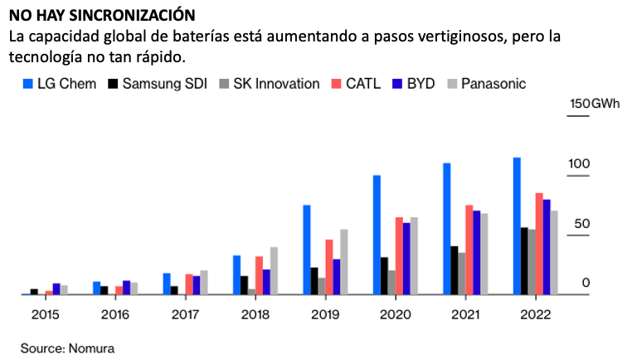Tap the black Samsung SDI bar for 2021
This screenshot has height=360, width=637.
454,270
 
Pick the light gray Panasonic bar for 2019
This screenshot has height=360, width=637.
344,261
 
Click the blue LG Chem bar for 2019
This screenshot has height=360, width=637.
306,249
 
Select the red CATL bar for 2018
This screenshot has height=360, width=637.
259,275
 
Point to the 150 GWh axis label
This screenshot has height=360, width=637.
591,104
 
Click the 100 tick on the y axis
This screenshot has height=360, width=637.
578,164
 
